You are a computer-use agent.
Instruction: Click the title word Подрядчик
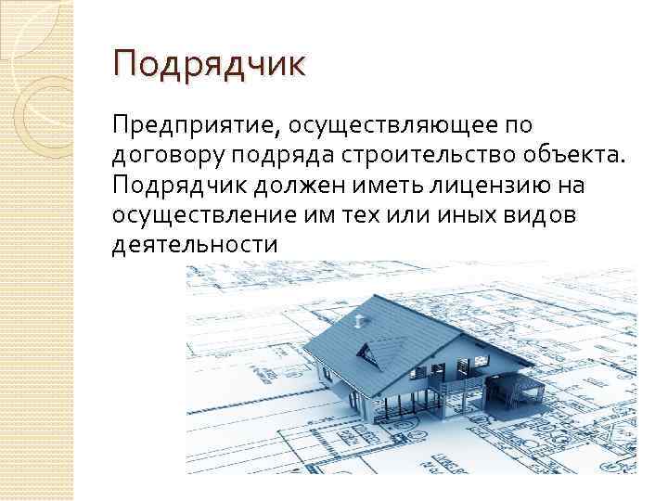tap(208, 67)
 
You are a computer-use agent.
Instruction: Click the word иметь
tap(383, 186)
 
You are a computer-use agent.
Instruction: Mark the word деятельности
tap(194, 246)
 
